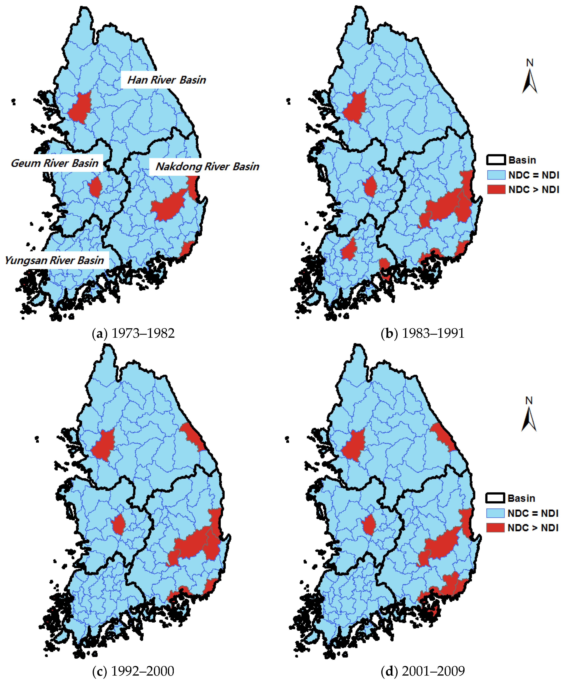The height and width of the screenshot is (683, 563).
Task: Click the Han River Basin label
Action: click(x=166, y=80)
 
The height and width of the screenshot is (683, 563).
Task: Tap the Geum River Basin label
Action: click(x=54, y=163)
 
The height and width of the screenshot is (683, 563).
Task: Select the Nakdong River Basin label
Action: click(x=207, y=167)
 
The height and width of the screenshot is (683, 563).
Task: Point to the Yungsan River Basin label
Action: click(x=54, y=260)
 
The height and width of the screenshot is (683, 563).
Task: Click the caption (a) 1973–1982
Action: click(x=133, y=333)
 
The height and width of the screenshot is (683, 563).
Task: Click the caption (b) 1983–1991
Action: click(x=423, y=333)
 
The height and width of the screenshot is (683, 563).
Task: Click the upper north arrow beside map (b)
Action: click(x=530, y=78)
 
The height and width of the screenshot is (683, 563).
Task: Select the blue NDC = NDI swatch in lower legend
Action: click(x=495, y=513)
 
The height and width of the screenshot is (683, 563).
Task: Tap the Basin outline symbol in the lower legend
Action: click(x=495, y=498)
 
